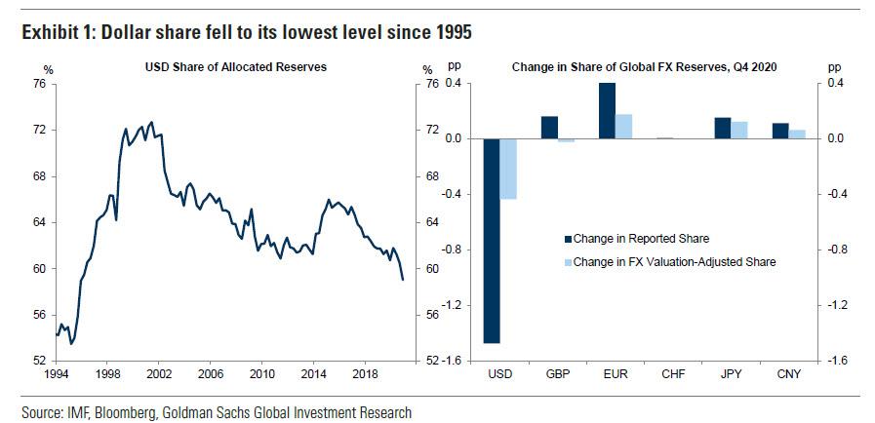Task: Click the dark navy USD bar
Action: [492, 241]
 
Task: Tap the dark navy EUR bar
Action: [607, 110]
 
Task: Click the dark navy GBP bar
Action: [549, 127]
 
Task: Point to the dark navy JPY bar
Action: [722, 128]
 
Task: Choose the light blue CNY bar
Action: [797, 134]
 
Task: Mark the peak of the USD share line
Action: [150, 123]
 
